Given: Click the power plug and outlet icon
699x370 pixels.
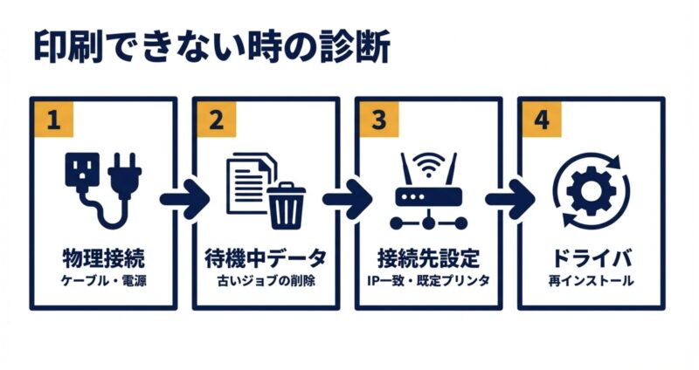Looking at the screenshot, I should pos(103,185).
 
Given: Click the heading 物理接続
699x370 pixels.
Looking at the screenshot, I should pos(103,258).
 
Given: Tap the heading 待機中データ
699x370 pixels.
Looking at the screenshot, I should pos(266,258).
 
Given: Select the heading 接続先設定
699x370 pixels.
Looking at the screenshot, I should pos(428,258).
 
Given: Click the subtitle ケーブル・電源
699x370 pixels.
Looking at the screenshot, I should pos(103,281).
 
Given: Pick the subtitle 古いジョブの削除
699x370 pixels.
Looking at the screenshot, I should pos(266,281).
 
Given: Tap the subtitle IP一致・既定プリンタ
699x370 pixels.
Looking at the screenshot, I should pos(428,281).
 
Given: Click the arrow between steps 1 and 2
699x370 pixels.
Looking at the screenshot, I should pos(184,198).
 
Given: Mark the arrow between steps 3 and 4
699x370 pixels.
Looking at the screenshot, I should pos(509,198).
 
